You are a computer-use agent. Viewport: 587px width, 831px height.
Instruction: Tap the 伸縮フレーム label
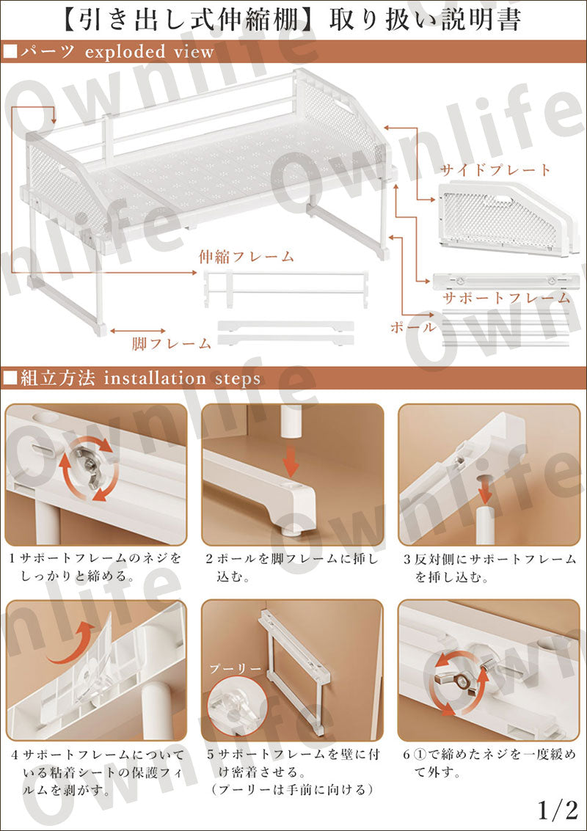pos(247,257)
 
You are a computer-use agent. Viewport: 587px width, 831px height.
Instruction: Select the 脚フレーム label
pos(172,343)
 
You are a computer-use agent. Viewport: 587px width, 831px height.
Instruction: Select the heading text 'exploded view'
pos(150,52)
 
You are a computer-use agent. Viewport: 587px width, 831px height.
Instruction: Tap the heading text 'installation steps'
pos(182,378)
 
